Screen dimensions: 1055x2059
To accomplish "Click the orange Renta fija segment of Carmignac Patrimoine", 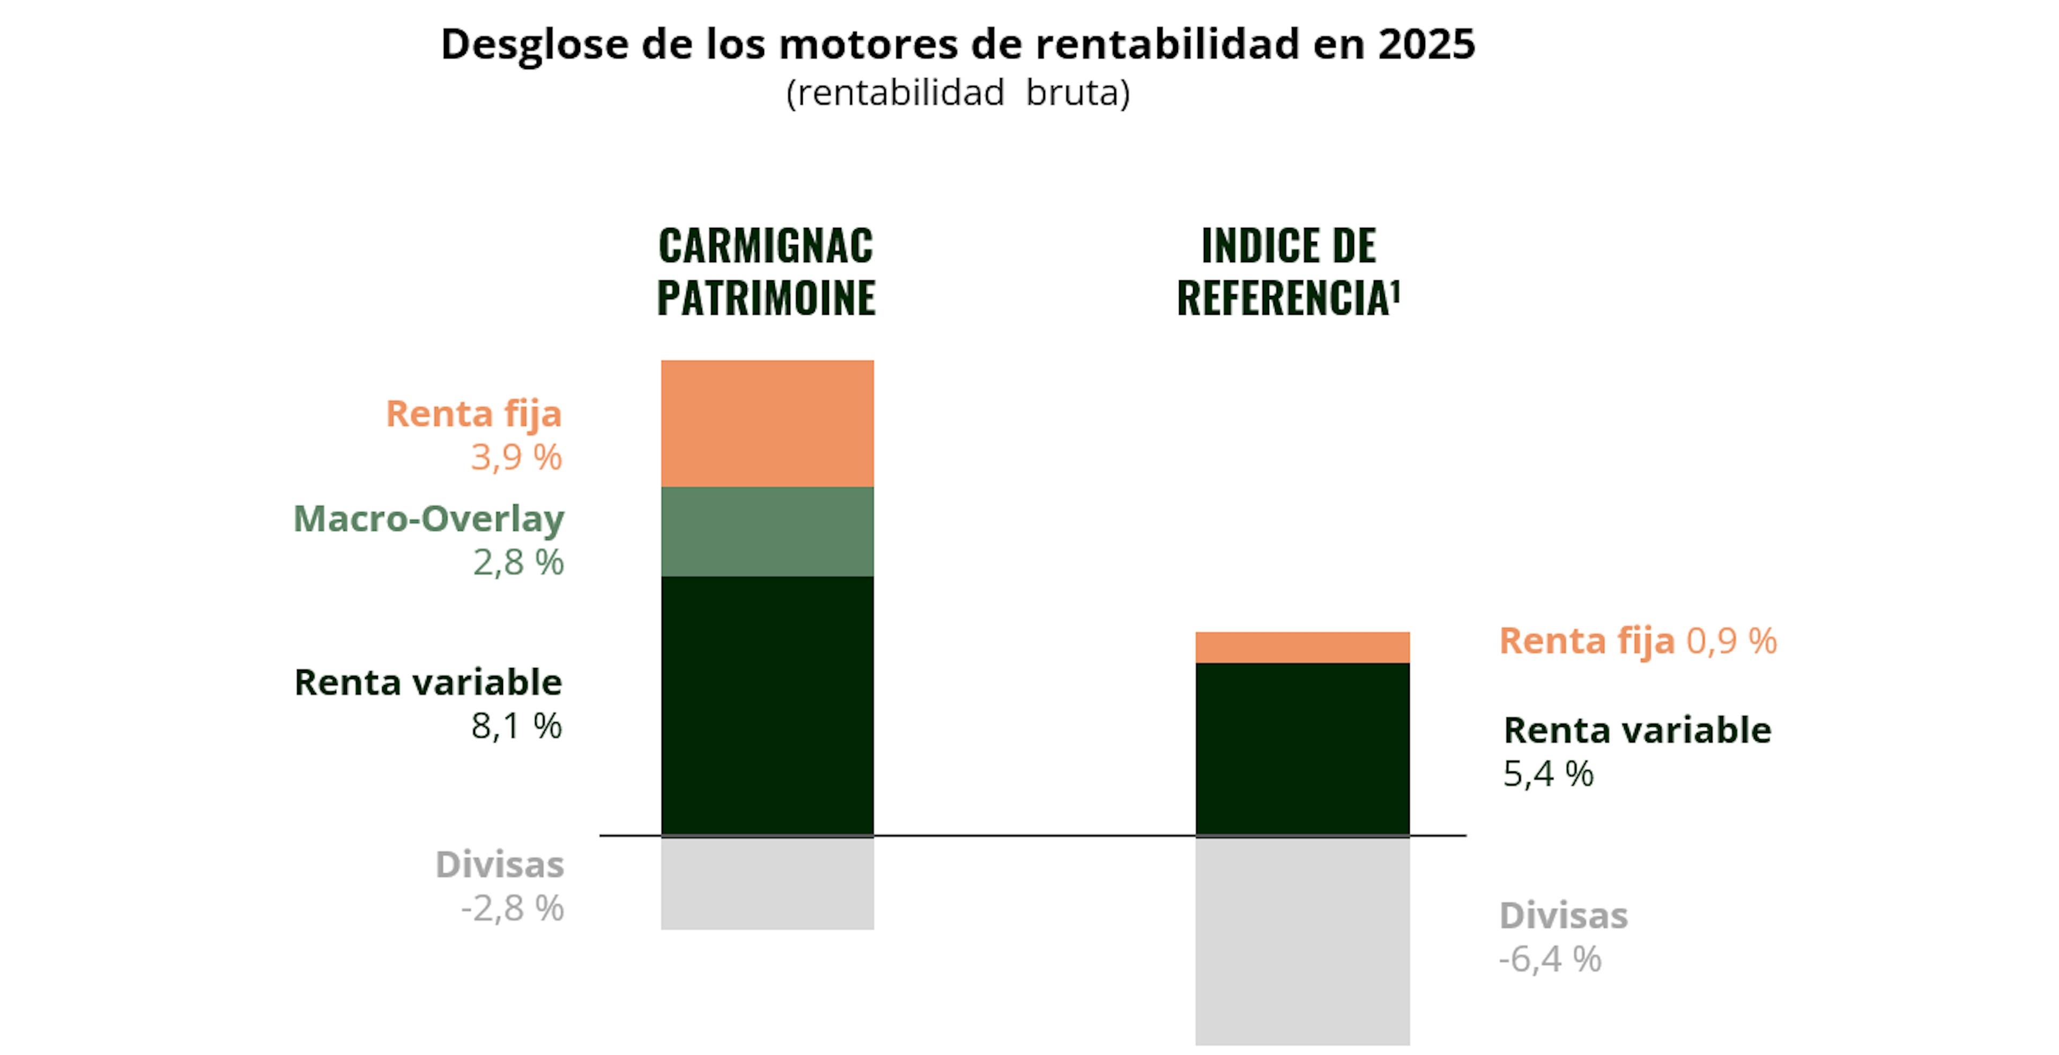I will pyautogui.click(x=767, y=423).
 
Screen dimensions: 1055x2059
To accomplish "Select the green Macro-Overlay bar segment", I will pyautogui.click(x=767, y=531).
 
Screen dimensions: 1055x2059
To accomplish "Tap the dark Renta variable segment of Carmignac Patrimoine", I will pyautogui.click(x=767, y=705).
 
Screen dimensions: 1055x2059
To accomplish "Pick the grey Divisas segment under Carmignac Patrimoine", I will pyautogui.click(x=767, y=882).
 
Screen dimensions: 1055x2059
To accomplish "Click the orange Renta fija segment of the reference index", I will pyautogui.click(x=1302, y=648).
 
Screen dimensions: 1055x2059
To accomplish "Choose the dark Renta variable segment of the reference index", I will pyautogui.click(x=1302, y=749).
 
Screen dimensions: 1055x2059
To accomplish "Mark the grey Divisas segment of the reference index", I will pyautogui.click(x=1302, y=941).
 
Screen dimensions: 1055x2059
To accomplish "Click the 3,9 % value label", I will pyautogui.click(x=516, y=457).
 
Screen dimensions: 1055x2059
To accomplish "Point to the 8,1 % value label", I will pyautogui.click(x=516, y=726).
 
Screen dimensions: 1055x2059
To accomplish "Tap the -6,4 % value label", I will pyautogui.click(x=1550, y=959).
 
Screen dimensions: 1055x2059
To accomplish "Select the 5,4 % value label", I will pyautogui.click(x=1548, y=774).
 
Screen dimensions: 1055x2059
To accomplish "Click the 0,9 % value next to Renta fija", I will pyautogui.click(x=1731, y=641).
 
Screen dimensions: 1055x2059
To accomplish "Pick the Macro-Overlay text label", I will pyautogui.click(x=429, y=519).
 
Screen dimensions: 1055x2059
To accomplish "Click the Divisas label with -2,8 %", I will pyautogui.click(x=500, y=865).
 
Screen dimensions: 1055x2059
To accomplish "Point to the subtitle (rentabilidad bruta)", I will pyautogui.click(x=958, y=93).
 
